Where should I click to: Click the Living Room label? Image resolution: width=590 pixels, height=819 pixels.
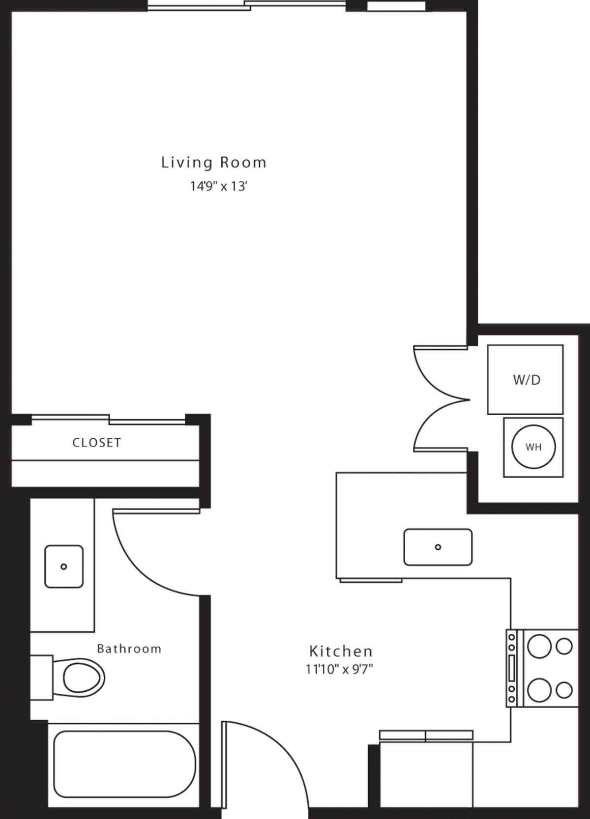coord(214,163)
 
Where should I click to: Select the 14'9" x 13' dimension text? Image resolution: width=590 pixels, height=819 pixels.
coord(218,187)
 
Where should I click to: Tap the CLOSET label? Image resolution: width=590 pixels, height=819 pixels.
coord(97,443)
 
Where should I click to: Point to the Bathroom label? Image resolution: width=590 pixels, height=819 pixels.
coord(129,649)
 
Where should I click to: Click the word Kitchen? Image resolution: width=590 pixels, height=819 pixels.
coord(341,651)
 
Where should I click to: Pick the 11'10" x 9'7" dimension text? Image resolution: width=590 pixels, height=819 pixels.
coord(339,669)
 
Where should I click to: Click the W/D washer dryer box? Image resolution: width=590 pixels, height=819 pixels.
coord(525,379)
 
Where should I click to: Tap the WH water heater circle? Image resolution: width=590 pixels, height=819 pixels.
coord(533,447)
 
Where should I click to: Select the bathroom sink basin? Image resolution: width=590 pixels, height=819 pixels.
coord(64,566)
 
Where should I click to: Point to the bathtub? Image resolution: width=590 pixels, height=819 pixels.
coord(124,764)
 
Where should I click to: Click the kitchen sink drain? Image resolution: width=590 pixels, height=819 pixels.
coord(438,547)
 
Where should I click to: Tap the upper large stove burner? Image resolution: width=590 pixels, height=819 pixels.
coord(539,646)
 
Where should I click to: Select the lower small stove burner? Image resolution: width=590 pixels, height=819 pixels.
coord(564,690)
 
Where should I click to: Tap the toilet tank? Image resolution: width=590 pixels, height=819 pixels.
coord(41,677)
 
